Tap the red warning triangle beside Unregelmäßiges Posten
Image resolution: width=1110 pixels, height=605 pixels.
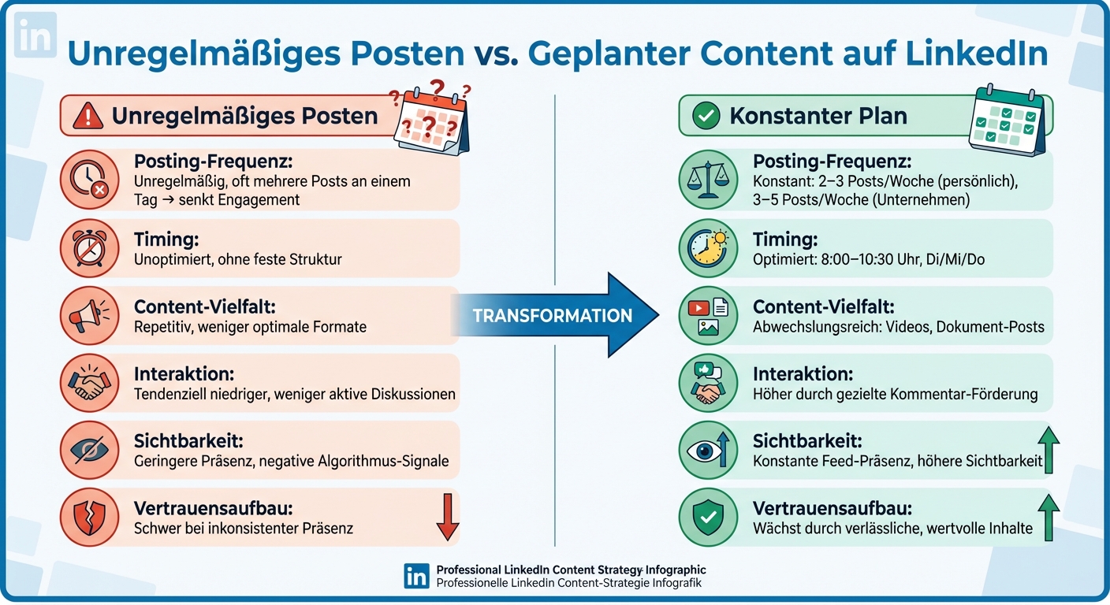click(88, 117)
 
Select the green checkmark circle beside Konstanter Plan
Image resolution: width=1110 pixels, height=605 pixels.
click(706, 117)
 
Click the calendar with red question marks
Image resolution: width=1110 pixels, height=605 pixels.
click(430, 118)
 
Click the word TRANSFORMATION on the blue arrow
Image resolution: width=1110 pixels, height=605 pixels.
click(552, 316)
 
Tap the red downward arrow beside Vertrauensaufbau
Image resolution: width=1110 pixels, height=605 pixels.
click(447, 518)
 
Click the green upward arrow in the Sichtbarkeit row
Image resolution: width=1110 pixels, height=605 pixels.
click(1048, 451)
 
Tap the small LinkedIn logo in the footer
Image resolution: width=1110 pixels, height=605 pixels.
click(416, 576)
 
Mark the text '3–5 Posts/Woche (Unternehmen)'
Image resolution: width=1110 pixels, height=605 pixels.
click(861, 199)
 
